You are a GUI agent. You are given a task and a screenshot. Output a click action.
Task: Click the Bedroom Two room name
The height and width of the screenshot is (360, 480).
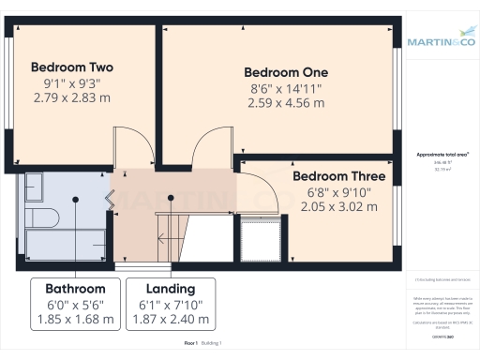72,67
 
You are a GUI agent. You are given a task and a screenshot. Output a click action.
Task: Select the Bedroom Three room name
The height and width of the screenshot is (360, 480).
338,176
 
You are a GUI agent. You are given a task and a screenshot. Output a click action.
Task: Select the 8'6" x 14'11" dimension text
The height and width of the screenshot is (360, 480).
286,89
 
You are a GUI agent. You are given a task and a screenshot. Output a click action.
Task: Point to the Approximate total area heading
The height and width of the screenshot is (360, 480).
442,155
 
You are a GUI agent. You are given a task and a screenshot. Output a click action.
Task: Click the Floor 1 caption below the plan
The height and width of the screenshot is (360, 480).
191,344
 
